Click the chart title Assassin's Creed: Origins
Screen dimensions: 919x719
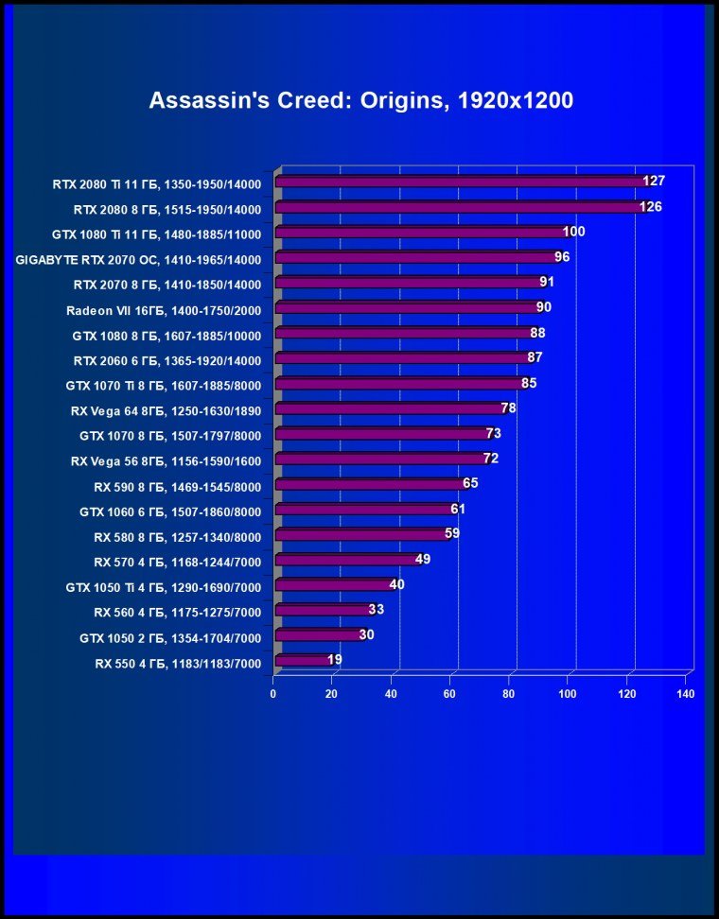click(360, 101)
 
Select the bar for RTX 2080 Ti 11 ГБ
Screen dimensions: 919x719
click(460, 182)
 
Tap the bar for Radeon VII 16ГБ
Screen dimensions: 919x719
click(407, 308)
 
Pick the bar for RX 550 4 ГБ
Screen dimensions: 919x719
click(303, 660)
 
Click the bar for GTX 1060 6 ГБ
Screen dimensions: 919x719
click(363, 511)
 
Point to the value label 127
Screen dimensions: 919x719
click(654, 181)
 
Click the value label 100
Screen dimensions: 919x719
click(573, 232)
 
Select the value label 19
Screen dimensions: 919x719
click(335, 659)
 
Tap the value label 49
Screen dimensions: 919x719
click(423, 559)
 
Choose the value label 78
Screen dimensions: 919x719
click(508, 407)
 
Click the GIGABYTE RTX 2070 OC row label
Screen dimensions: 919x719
click(138, 258)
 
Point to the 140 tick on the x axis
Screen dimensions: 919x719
click(686, 694)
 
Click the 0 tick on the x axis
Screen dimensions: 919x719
click(273, 694)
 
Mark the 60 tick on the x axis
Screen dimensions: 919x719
click(450, 694)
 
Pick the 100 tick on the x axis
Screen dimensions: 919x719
click(568, 694)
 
